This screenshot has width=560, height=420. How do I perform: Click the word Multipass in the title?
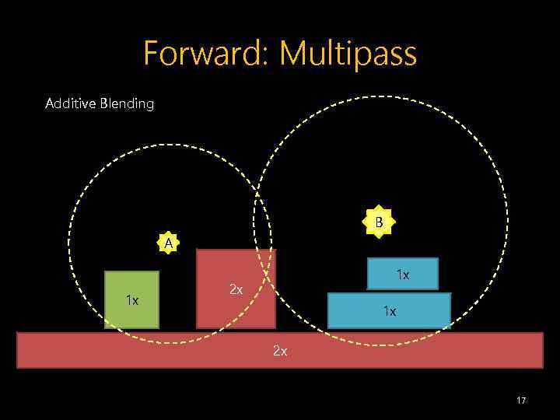pos(348,54)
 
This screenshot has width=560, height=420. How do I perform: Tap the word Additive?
pos(69,103)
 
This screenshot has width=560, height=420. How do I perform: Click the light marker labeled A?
pos(168,243)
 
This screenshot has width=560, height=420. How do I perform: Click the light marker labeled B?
pos(379,223)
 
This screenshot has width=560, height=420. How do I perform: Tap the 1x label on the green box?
pos(132,300)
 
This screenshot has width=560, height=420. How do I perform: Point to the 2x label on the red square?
pos(236,290)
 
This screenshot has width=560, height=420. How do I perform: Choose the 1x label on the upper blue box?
pos(402,275)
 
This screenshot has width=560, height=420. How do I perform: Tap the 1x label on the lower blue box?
pos(389,311)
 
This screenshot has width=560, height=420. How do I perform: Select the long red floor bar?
pos(156,350)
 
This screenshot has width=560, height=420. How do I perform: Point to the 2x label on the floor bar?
pos(280,351)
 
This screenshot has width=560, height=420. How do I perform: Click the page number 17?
pos(521,400)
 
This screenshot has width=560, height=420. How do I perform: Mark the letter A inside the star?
pos(168,243)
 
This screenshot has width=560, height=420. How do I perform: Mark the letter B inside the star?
pos(379,223)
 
